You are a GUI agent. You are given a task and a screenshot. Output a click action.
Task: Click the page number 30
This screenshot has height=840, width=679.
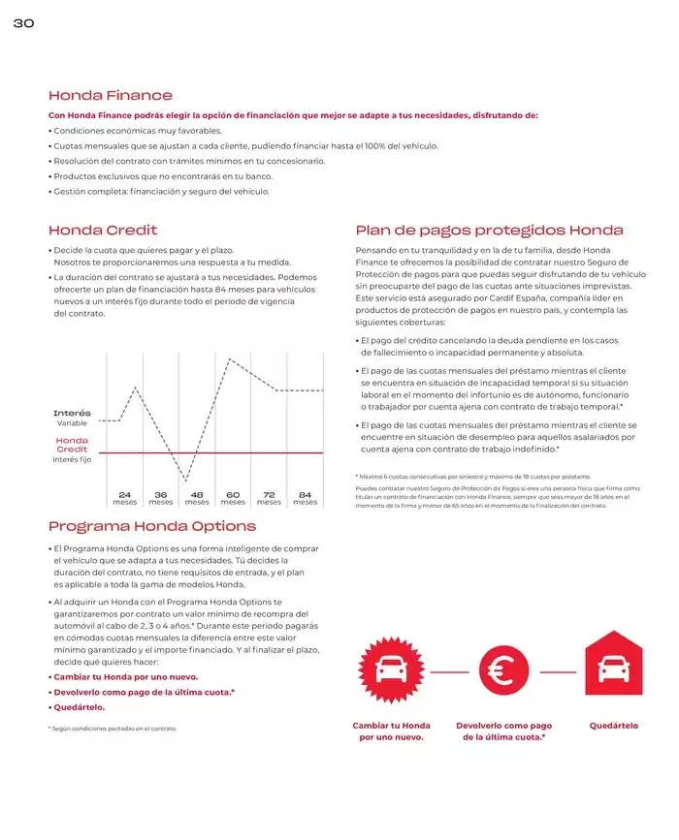tap(23, 24)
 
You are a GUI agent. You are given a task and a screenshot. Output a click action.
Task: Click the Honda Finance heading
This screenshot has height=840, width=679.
tap(111, 95)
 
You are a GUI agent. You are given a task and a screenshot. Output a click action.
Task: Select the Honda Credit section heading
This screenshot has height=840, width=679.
tap(103, 231)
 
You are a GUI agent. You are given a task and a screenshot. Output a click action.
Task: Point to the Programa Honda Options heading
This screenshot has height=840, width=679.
tap(152, 526)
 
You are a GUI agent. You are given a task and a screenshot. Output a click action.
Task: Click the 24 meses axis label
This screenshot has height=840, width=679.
tap(124, 498)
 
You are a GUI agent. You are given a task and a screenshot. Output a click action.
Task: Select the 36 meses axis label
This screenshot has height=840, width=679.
tap(161, 498)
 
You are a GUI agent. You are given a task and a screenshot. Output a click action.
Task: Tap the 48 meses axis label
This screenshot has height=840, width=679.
tap(197, 498)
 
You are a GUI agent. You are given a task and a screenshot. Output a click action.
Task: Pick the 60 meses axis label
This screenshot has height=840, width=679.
tap(233, 498)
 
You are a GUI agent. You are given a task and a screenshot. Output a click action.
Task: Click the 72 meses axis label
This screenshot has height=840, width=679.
tap(269, 498)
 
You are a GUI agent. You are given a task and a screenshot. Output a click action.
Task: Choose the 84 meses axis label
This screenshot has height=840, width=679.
tap(305, 498)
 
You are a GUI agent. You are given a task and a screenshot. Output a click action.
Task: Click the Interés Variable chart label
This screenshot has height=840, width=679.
tap(72, 419)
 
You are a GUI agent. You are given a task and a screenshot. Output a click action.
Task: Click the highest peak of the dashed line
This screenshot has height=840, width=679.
tap(229, 359)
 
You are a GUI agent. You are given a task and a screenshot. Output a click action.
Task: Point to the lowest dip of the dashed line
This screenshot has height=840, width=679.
tap(186, 480)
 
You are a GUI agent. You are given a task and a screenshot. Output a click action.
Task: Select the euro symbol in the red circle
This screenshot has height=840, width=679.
tap(503, 669)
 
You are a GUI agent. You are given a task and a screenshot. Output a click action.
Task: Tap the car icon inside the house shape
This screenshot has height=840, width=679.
tap(613, 668)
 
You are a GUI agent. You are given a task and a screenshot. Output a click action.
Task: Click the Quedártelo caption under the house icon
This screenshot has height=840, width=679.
tap(613, 726)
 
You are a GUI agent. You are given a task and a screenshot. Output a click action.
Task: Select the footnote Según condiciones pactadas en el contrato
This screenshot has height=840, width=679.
tap(113, 728)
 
